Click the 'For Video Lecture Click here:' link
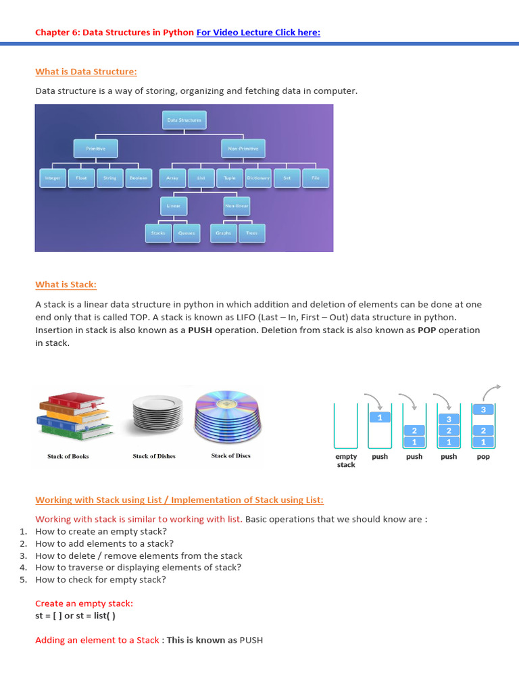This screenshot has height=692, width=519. click(x=258, y=32)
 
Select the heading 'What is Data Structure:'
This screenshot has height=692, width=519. click(x=86, y=72)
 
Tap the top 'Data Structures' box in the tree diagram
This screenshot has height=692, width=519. click(x=184, y=120)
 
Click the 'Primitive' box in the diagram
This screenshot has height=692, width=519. click(x=95, y=148)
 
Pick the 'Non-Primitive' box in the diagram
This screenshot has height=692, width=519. click(x=243, y=148)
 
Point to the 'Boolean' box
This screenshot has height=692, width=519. click(x=138, y=178)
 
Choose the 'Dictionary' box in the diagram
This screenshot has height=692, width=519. click(x=258, y=178)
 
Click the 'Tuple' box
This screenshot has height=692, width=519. click(x=230, y=178)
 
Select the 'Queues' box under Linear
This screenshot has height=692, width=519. click(x=187, y=233)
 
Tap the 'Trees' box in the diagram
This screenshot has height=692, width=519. click(x=251, y=233)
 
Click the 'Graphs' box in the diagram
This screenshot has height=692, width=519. click(x=224, y=233)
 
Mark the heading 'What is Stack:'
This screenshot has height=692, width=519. click(x=70, y=285)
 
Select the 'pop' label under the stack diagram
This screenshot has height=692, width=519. click(x=483, y=457)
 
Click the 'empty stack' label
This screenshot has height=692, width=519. click(x=346, y=460)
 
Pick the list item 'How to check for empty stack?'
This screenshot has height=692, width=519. click(x=101, y=580)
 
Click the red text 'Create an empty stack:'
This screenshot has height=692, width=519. click(x=84, y=603)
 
